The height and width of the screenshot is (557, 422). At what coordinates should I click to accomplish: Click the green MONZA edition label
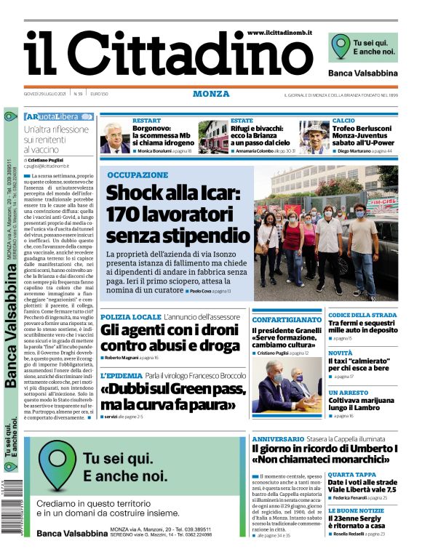[211, 94]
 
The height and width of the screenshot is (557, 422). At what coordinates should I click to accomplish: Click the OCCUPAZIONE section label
[137, 175]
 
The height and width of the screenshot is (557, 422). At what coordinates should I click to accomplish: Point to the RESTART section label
[146, 121]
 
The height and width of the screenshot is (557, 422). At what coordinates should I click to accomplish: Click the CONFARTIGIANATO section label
[286, 319]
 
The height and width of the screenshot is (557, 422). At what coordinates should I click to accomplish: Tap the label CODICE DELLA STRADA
[362, 315]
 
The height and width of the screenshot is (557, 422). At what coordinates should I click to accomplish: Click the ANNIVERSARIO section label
[278, 439]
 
